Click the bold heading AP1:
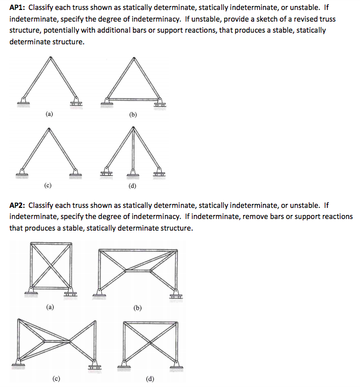tap(20, 8)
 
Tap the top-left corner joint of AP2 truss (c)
tap(20, 322)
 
